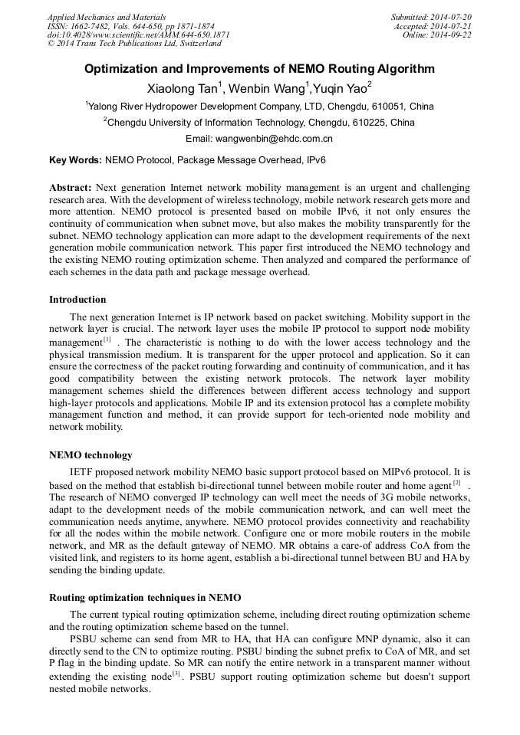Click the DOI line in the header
(x=138, y=35)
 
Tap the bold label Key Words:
(x=75, y=161)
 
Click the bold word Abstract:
(x=71, y=188)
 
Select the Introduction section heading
(x=77, y=299)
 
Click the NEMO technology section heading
(x=91, y=455)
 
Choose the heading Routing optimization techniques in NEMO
(x=145, y=597)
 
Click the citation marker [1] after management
(x=107, y=340)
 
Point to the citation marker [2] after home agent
(x=456, y=482)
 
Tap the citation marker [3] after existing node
(x=176, y=674)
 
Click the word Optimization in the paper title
(x=124, y=69)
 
